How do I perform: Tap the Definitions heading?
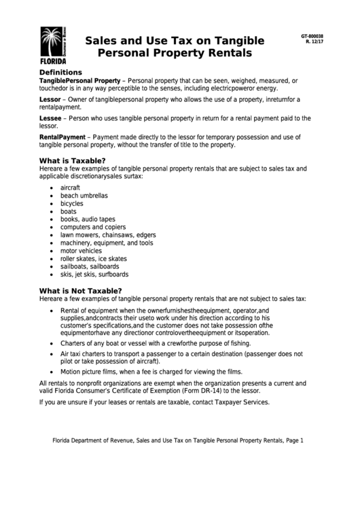60,72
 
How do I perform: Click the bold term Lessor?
50,99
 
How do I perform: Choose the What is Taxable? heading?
72,160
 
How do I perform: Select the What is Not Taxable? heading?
81,290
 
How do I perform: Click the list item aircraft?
71,187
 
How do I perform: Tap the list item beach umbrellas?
84,195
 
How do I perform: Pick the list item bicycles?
72,203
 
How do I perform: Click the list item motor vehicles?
81,251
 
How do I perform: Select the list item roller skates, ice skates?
93,259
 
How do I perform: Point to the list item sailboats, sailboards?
89,267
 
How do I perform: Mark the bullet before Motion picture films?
53,372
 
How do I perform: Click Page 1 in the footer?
293,441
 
